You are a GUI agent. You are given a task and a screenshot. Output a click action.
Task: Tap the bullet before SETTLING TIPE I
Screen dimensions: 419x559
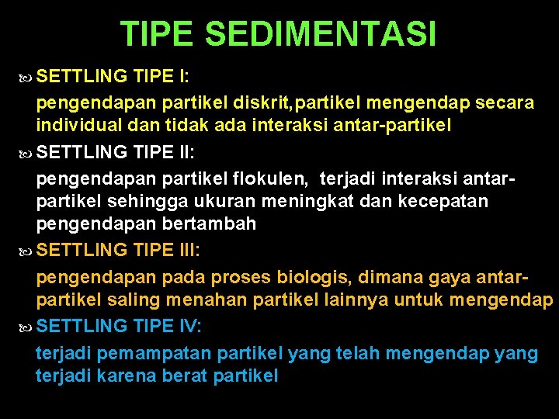coord(26,77)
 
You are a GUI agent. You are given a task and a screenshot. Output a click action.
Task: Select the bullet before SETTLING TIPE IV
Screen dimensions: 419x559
coord(26,327)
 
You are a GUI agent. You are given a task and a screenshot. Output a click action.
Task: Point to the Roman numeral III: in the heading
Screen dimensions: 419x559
coord(188,250)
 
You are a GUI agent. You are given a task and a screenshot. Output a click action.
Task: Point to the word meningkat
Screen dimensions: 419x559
coord(303,202)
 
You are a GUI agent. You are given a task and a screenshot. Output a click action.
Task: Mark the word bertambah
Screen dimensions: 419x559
coord(210,224)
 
